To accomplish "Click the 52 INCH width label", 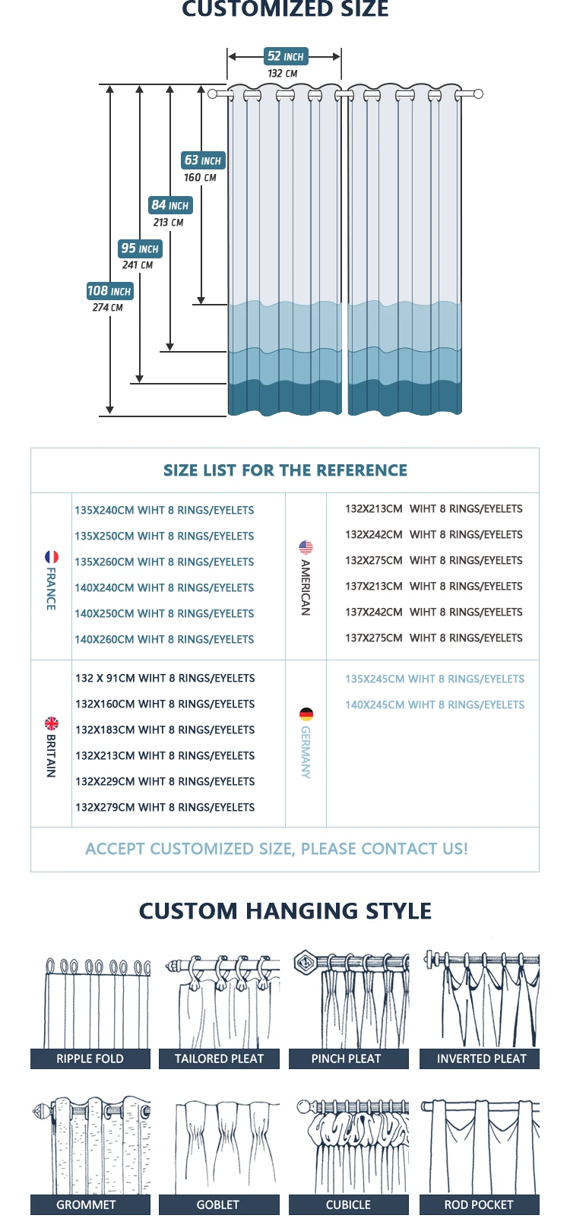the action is pyautogui.click(x=285, y=56).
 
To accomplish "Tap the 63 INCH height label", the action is pyautogui.click(x=203, y=160).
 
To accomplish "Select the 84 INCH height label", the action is pyautogui.click(x=169, y=205).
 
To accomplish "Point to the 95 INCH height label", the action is pyautogui.click(x=140, y=248).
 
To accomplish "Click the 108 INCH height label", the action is pyautogui.click(x=109, y=291).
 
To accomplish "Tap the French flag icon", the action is pyautogui.click(x=52, y=557).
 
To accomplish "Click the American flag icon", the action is pyautogui.click(x=306, y=547).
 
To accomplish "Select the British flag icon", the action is pyautogui.click(x=51, y=723).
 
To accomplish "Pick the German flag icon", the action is pyautogui.click(x=306, y=714).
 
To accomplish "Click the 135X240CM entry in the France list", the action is pyautogui.click(x=164, y=511).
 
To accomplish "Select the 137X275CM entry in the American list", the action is pyautogui.click(x=434, y=638).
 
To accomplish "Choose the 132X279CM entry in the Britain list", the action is pyautogui.click(x=165, y=808).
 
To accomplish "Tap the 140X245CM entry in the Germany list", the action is pyautogui.click(x=435, y=705).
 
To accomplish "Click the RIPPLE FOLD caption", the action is pyautogui.click(x=90, y=1059).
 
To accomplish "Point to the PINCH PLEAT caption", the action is pyautogui.click(x=346, y=1059).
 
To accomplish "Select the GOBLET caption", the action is pyautogui.click(x=218, y=1205).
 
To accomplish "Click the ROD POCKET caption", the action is pyautogui.click(x=479, y=1205).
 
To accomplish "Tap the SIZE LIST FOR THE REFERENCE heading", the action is pyautogui.click(x=285, y=470).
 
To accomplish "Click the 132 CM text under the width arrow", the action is pyautogui.click(x=283, y=74).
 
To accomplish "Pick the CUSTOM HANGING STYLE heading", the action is pyautogui.click(x=285, y=911).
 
